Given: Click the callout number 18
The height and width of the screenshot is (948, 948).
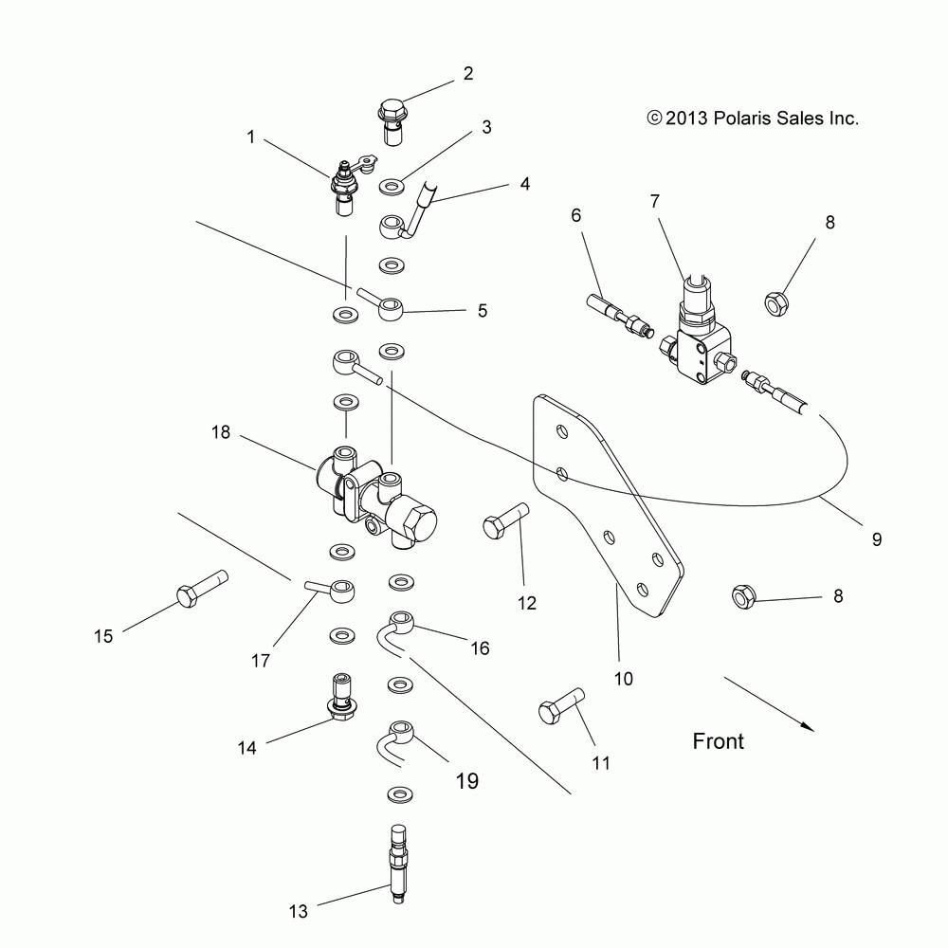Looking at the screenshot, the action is click(x=221, y=432).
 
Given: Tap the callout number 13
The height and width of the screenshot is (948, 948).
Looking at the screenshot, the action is click(x=298, y=911).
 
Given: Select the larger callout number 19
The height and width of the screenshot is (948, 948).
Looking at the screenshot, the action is click(x=467, y=780).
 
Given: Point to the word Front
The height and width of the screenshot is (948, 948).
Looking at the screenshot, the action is click(x=719, y=741).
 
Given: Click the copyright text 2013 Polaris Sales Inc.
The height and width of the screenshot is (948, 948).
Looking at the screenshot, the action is click(x=753, y=118).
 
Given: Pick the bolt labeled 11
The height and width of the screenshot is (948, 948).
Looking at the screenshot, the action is click(x=561, y=705).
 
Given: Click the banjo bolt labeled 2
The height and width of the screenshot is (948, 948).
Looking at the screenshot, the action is click(x=392, y=122).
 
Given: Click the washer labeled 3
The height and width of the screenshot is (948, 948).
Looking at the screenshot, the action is click(x=392, y=186).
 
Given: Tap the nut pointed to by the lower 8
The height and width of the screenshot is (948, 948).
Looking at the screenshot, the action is click(x=743, y=596).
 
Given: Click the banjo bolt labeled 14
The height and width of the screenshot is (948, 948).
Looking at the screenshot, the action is click(x=343, y=697).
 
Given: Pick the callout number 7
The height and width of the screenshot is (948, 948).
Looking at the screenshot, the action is click(x=655, y=201).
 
